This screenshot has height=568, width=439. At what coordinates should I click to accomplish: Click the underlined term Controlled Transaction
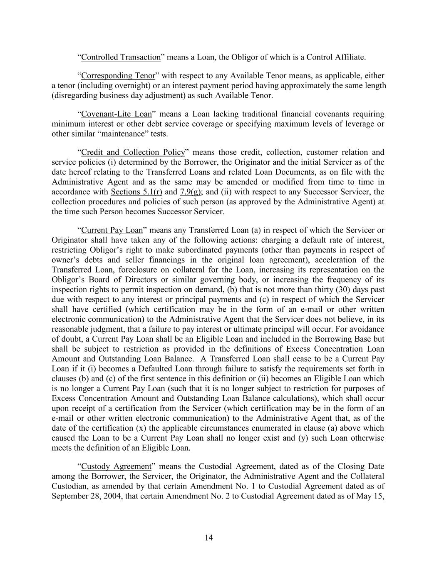coord(121,57)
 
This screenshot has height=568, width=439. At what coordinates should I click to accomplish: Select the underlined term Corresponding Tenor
coord(118,76)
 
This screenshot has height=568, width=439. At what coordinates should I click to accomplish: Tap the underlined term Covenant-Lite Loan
coord(117,114)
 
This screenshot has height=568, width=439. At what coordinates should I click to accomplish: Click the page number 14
coord(209,538)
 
